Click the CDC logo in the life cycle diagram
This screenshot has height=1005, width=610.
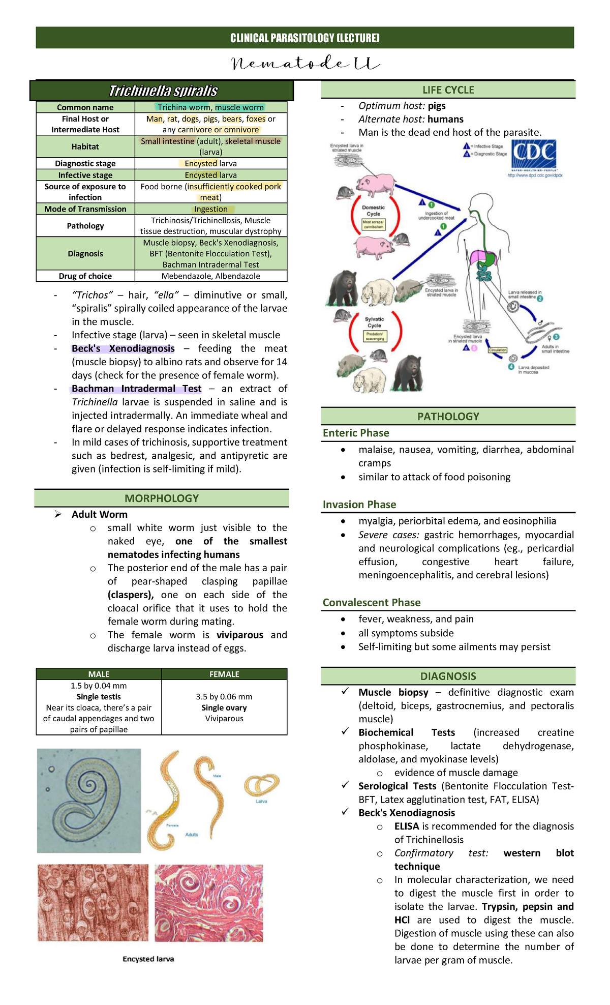534,156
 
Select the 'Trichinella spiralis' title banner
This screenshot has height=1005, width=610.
163,91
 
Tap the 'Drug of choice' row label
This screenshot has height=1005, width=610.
85,276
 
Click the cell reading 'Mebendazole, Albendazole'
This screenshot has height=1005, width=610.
210,276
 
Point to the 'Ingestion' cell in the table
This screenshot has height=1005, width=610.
210,209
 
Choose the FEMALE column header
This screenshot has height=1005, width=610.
224,674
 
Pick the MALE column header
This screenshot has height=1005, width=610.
99,674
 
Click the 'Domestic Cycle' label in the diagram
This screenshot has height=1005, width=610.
374,211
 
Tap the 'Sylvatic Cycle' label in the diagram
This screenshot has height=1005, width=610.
374,322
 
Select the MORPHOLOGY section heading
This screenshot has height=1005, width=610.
162,498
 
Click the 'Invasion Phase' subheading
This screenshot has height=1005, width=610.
359,505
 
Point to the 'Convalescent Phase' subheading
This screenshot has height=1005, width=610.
372,603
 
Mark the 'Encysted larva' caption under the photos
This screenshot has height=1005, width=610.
148,959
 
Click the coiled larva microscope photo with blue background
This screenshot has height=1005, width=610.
89,800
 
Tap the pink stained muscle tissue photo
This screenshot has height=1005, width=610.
209,902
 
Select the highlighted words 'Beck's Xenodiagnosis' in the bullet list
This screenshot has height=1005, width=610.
123,349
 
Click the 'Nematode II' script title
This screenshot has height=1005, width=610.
305,64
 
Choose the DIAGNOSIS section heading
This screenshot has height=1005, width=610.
448,676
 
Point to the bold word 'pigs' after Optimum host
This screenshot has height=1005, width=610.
437,106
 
